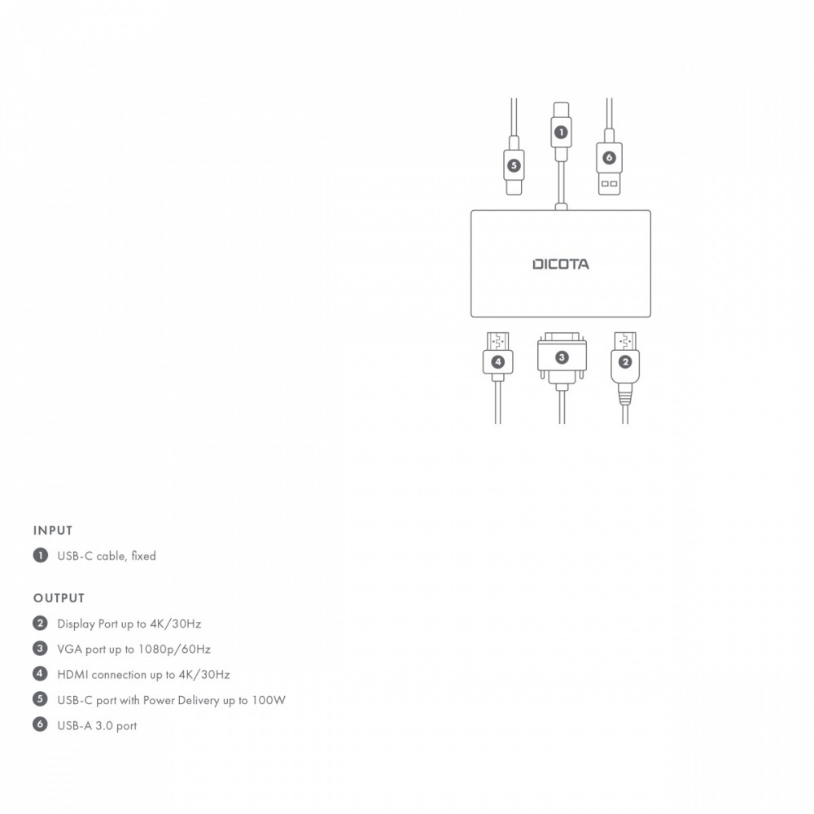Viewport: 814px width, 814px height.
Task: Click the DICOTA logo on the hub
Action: [x=561, y=264]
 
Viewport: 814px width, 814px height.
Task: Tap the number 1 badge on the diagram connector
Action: [x=560, y=131]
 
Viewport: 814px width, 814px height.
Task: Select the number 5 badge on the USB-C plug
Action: [x=513, y=165]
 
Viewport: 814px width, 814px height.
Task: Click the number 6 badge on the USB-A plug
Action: [x=609, y=157]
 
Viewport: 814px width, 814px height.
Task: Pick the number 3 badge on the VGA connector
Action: [x=561, y=357]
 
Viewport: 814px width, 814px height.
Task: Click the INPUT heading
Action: [x=53, y=531]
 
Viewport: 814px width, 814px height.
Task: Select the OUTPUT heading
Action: [x=59, y=598]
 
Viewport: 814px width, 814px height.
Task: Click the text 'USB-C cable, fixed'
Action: [x=106, y=556]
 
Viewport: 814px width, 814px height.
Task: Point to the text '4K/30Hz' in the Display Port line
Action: [x=176, y=624]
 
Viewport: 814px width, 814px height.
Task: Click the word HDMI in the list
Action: [x=72, y=675]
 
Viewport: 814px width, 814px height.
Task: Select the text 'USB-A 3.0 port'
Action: [x=97, y=726]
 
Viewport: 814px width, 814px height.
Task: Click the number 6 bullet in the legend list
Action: [x=39, y=724]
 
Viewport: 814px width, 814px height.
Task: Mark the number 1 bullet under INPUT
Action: [x=39, y=555]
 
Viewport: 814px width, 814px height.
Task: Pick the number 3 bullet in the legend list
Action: [x=39, y=649]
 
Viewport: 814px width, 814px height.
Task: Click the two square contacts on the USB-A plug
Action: [x=609, y=184]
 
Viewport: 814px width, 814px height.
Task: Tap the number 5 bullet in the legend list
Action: [x=39, y=699]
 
